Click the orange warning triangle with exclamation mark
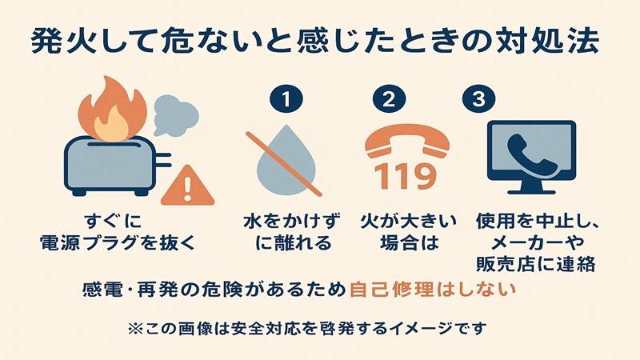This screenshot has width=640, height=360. (x=187, y=186)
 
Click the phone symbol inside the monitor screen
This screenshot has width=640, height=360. (x=531, y=150)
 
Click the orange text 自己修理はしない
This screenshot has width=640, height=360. (x=430, y=290)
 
